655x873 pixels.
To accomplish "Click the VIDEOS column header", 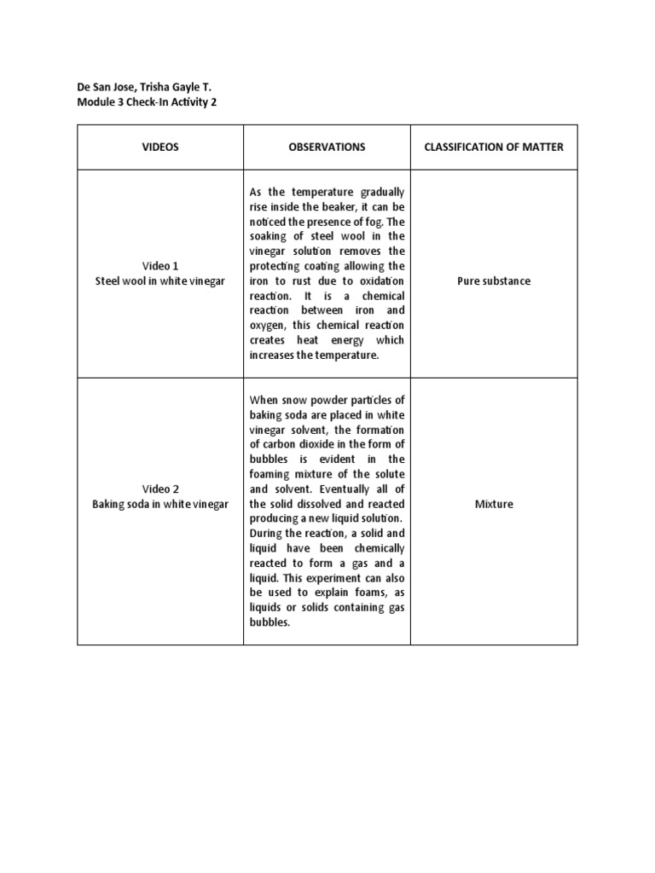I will click(x=160, y=147).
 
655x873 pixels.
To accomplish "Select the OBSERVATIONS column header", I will click(x=327, y=147).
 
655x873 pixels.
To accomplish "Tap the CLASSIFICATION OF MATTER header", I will click(x=494, y=147).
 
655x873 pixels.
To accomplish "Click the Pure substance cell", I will click(x=494, y=281).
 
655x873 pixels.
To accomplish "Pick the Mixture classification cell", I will click(x=494, y=504).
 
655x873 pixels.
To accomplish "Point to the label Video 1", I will click(x=160, y=266).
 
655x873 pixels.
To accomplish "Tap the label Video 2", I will click(x=160, y=489).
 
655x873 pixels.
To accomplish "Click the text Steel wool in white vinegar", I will click(x=160, y=281).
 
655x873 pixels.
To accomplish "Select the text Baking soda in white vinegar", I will click(x=160, y=504).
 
